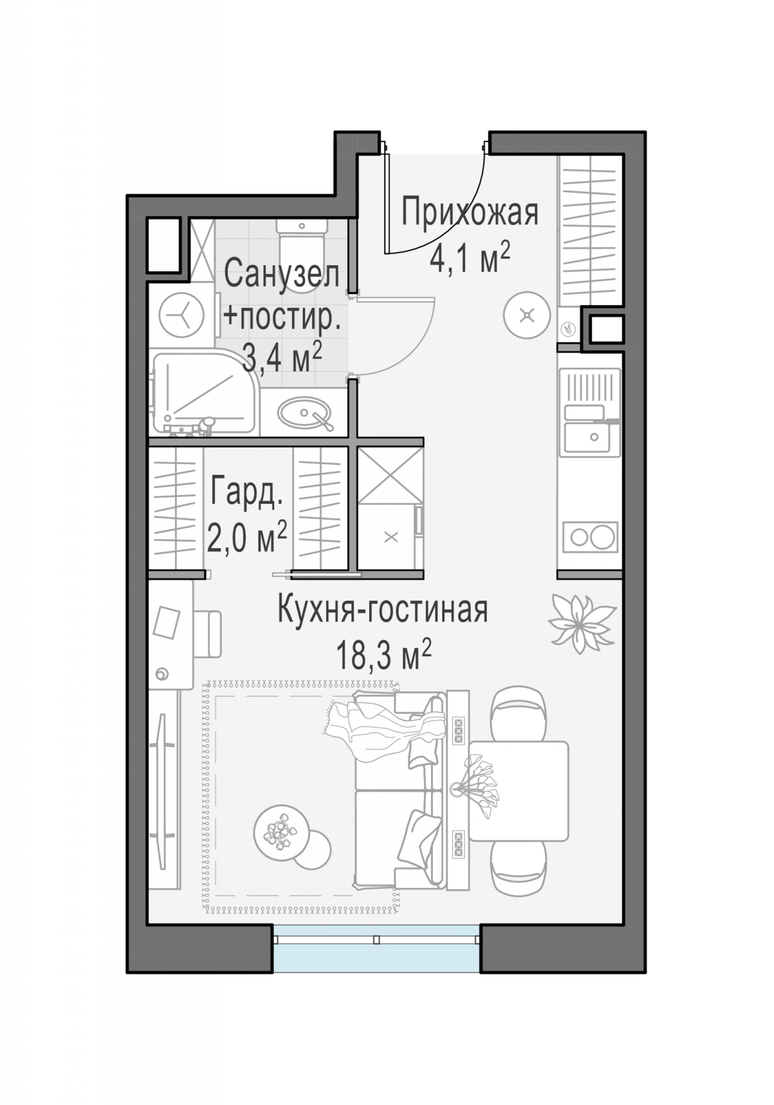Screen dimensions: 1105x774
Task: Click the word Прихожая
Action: click(x=470, y=213)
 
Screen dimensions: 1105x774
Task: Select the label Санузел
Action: click(x=282, y=274)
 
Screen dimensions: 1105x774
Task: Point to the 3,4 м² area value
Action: click(x=282, y=359)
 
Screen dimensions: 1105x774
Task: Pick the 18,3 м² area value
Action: click(x=383, y=656)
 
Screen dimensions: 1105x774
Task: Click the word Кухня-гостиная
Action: click(x=383, y=610)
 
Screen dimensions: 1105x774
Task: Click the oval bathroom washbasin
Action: click(x=304, y=412)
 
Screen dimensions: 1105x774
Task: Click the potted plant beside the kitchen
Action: click(x=581, y=623)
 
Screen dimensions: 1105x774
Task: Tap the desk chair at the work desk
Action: click(x=207, y=634)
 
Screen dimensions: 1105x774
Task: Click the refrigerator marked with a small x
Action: click(x=391, y=536)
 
